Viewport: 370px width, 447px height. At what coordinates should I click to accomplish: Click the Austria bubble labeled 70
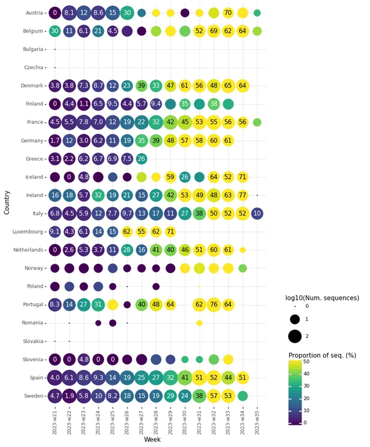pos(228,13)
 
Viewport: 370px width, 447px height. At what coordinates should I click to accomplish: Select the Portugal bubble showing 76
pos(213,304)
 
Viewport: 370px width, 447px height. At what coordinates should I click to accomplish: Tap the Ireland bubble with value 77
pos(242,195)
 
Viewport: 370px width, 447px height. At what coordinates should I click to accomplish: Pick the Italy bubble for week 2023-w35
pos(257,213)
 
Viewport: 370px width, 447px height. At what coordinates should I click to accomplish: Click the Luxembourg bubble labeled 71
pos(171,232)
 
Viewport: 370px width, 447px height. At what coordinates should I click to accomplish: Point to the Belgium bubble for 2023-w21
pos(55,31)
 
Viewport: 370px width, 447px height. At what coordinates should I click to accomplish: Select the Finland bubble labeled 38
pos(213,104)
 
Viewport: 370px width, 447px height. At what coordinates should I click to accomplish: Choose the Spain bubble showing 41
pos(185,377)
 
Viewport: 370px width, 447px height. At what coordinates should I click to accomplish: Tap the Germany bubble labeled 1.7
pos(55,140)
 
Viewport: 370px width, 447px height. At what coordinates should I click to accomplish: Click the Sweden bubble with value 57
pos(213,396)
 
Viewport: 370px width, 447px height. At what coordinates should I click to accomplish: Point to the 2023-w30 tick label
pos(185,424)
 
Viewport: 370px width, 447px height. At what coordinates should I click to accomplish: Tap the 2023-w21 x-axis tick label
pos(55,424)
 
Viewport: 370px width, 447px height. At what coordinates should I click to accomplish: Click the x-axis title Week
pos(152,440)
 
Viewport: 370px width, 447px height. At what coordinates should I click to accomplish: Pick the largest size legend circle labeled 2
pos(295,336)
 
